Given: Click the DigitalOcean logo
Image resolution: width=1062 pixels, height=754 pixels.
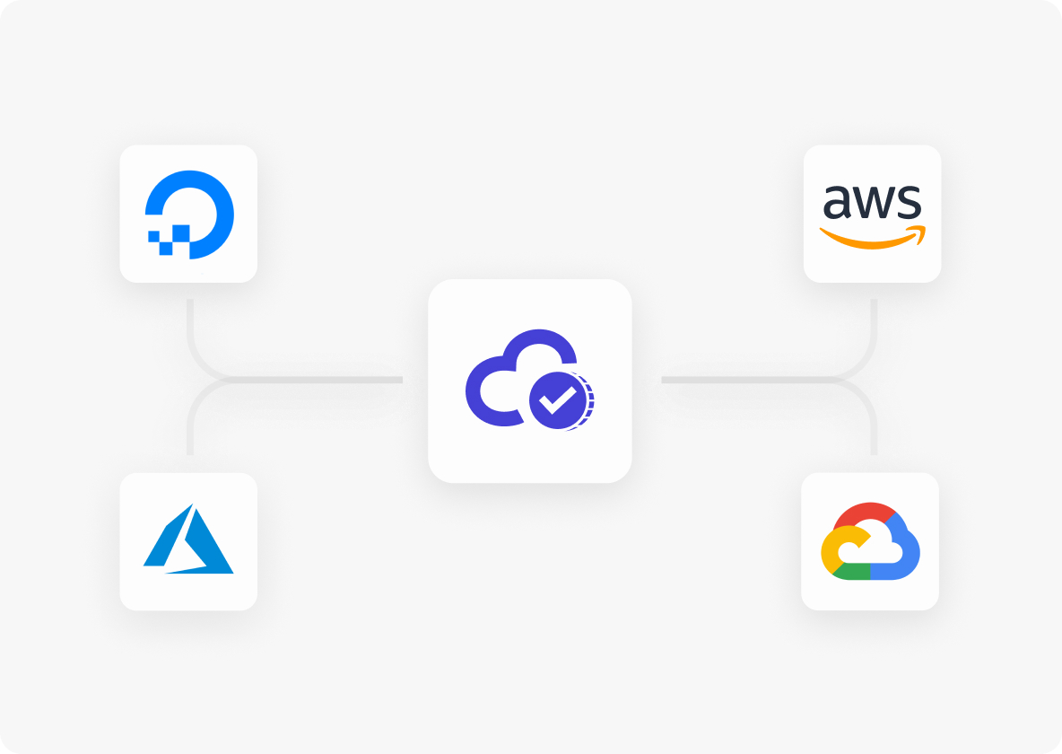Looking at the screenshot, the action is (189, 215).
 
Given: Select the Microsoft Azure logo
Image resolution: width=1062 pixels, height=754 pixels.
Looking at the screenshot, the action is (188, 539).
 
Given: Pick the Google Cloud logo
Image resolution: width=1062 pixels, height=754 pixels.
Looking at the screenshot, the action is (870, 541).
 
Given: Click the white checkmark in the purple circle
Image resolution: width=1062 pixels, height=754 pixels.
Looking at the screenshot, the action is (557, 400).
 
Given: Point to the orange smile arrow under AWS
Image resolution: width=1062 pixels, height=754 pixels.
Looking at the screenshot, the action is (873, 237).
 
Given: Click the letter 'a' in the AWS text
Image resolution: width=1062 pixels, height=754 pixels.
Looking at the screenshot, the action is (837, 202).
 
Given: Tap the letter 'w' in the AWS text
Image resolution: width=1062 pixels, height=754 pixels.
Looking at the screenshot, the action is (874, 202).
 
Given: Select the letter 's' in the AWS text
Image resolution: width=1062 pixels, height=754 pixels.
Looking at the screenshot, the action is (909, 202).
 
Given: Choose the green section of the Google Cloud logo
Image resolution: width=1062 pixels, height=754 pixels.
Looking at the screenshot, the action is (852, 571).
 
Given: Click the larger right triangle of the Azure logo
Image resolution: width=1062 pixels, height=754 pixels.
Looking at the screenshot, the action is (204, 546).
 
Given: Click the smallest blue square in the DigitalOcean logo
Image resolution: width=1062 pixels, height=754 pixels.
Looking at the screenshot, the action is (153, 236).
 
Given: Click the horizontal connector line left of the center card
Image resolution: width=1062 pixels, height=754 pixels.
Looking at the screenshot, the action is (318, 380).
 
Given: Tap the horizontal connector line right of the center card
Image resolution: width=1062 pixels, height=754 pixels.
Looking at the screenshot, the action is (745, 380).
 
